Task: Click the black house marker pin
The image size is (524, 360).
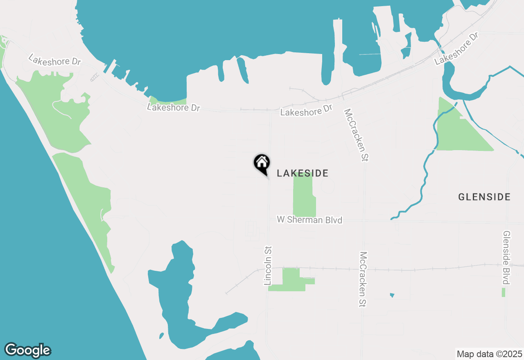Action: (262, 163)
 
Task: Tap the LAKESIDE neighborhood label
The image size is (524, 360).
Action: (303, 173)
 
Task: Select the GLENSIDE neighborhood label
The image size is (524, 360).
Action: (484, 197)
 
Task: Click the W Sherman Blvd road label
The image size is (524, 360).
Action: (309, 220)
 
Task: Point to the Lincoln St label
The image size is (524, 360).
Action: (268, 265)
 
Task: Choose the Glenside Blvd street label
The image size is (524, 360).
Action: (506, 257)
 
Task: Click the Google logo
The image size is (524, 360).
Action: (28, 350)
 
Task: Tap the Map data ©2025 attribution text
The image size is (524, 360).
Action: (489, 354)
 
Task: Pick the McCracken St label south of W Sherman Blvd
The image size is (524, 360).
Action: (363, 279)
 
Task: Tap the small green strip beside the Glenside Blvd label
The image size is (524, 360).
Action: (503, 292)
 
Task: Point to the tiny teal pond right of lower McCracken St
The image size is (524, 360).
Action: (392, 295)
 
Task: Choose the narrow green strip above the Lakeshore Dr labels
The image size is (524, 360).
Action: (168, 101)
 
